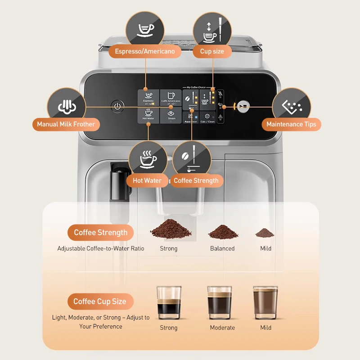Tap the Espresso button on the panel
click(x=148, y=97)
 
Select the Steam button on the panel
click(x=171, y=115)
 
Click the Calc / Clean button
click(x=207, y=117)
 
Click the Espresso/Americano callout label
click(x=145, y=51)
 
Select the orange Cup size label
click(x=212, y=51)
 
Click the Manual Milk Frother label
click(x=66, y=124)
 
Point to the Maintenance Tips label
click(x=291, y=124)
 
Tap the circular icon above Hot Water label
click(x=147, y=159)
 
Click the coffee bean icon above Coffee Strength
click(x=192, y=159)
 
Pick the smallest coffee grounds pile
click(x=265, y=233)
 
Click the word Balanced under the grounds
click(x=222, y=248)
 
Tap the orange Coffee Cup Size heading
click(x=100, y=301)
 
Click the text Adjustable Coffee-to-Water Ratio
click(x=101, y=248)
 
